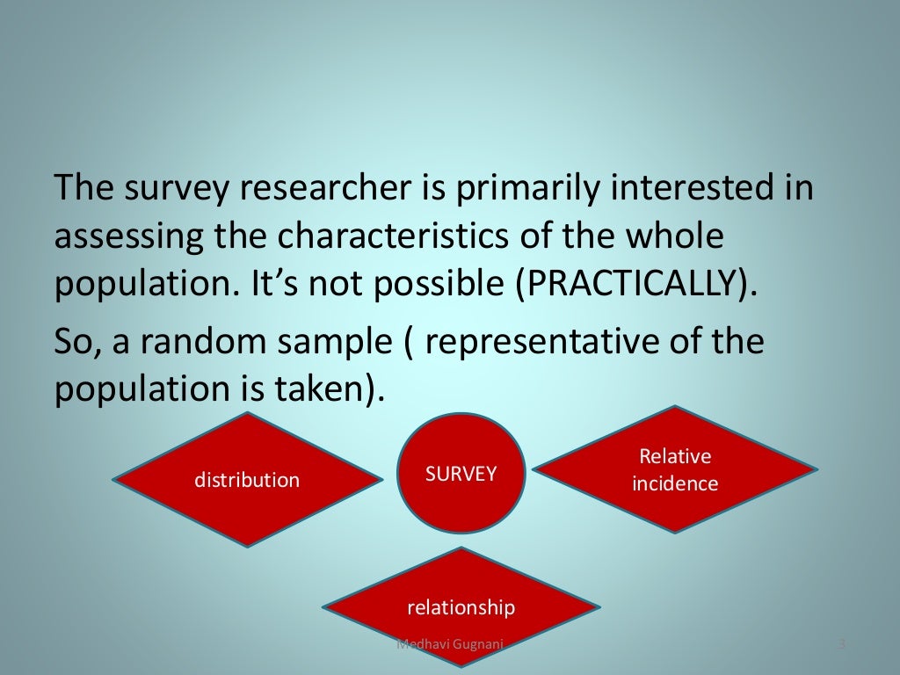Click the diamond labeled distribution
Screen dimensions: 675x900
(247, 480)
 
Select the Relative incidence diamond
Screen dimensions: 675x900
(675, 469)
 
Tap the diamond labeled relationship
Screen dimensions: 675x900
(461, 606)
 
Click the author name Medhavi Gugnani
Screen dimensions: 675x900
(449, 646)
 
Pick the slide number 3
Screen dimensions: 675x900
(841, 646)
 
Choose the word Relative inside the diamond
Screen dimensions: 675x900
(675, 456)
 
